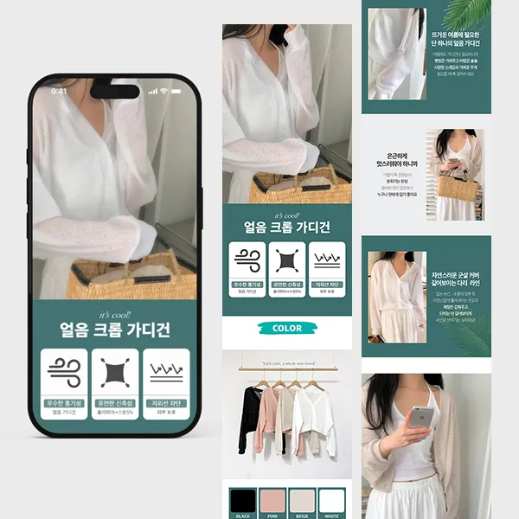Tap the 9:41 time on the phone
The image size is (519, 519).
[x=59, y=91]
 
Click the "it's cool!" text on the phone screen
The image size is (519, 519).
[x=114, y=314]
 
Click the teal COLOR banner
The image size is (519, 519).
[x=287, y=329]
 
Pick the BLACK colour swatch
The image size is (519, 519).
[x=243, y=501]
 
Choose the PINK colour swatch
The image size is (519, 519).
[x=272, y=501]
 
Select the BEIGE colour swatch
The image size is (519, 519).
[x=302, y=501]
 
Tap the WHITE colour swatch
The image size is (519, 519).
[x=331, y=501]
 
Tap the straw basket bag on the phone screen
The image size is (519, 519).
[x=121, y=277]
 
